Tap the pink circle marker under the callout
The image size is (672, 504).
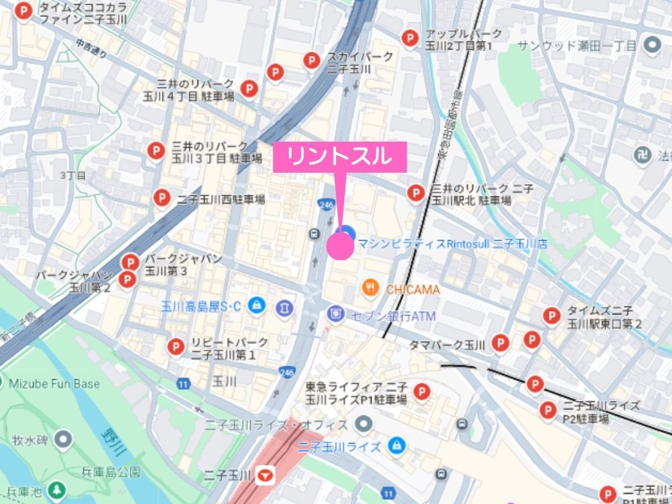(340, 247)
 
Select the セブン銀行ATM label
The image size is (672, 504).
(392, 315)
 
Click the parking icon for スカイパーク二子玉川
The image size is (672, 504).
(310, 61)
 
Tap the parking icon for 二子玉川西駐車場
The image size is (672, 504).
(161, 198)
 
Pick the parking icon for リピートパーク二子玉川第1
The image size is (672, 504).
(176, 347)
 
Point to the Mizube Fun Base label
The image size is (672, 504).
(55, 384)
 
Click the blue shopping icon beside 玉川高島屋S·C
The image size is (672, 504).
(256, 306)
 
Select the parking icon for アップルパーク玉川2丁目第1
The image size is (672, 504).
(409, 39)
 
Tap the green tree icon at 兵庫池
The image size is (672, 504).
(59, 487)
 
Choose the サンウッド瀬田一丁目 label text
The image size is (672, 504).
(576, 46)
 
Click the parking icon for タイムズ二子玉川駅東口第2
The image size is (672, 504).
(551, 315)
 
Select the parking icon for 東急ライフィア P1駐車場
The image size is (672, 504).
(421, 391)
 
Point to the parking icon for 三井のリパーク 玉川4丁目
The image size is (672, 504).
(249, 88)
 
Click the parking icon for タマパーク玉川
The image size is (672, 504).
(499, 343)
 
